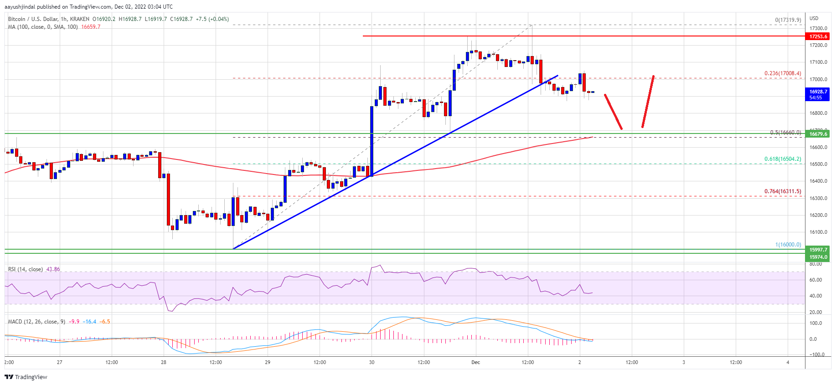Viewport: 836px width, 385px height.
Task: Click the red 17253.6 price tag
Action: click(x=818, y=36)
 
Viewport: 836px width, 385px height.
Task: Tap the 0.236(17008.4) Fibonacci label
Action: click(x=782, y=73)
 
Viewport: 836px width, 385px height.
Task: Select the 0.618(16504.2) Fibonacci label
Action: click(x=782, y=159)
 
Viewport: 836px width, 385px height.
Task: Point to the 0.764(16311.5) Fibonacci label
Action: click(x=782, y=191)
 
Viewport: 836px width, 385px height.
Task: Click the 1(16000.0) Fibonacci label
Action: click(x=788, y=245)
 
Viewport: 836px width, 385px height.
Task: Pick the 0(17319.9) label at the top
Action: click(x=788, y=20)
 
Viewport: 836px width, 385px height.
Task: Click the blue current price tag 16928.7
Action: click(x=818, y=94)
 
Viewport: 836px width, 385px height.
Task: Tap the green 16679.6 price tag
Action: click(x=818, y=134)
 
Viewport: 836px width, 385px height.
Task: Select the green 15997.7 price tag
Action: click(x=818, y=250)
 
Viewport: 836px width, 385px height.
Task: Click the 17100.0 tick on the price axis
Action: click(x=818, y=62)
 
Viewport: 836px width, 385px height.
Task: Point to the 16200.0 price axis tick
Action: click(x=818, y=215)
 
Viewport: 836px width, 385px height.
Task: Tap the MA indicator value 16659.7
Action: click(x=91, y=27)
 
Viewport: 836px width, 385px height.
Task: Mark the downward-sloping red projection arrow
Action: click(x=613, y=112)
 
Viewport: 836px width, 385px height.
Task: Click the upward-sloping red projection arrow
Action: click(x=648, y=101)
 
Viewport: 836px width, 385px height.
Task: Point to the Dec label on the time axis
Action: click(x=475, y=362)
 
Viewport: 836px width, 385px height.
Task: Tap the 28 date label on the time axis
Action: click(x=164, y=362)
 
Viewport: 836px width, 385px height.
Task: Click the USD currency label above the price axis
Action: click(x=814, y=18)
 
